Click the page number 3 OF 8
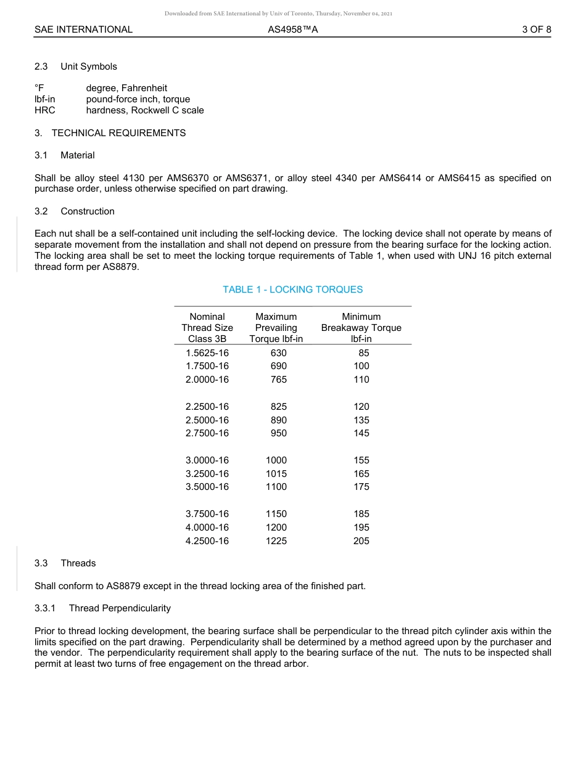pyautogui.click(x=536, y=30)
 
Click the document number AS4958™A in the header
pyautogui.click(x=293, y=30)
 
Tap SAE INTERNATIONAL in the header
pyautogui.click(x=83, y=30)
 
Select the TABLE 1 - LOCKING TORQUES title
pyautogui.click(x=292, y=290)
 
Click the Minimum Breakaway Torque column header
pyautogui.click(x=361, y=328)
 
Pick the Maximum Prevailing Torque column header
pyautogui.click(x=276, y=328)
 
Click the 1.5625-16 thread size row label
pyautogui.click(x=207, y=353)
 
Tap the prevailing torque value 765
pyautogui.click(x=278, y=380)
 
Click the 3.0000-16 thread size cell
pyautogui.click(x=207, y=460)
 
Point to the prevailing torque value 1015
pyautogui.click(x=276, y=474)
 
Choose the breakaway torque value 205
pyautogui.click(x=361, y=541)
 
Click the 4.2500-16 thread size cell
pyautogui.click(x=207, y=541)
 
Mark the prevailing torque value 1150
pyautogui.click(x=276, y=514)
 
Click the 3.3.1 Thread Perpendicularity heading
pyautogui.click(x=102, y=608)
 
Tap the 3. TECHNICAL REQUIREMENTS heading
pyautogui.click(x=110, y=133)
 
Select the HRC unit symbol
pyautogui.click(x=44, y=110)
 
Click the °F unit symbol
pyautogui.click(x=39, y=88)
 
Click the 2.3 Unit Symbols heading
pyautogui.click(x=75, y=67)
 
